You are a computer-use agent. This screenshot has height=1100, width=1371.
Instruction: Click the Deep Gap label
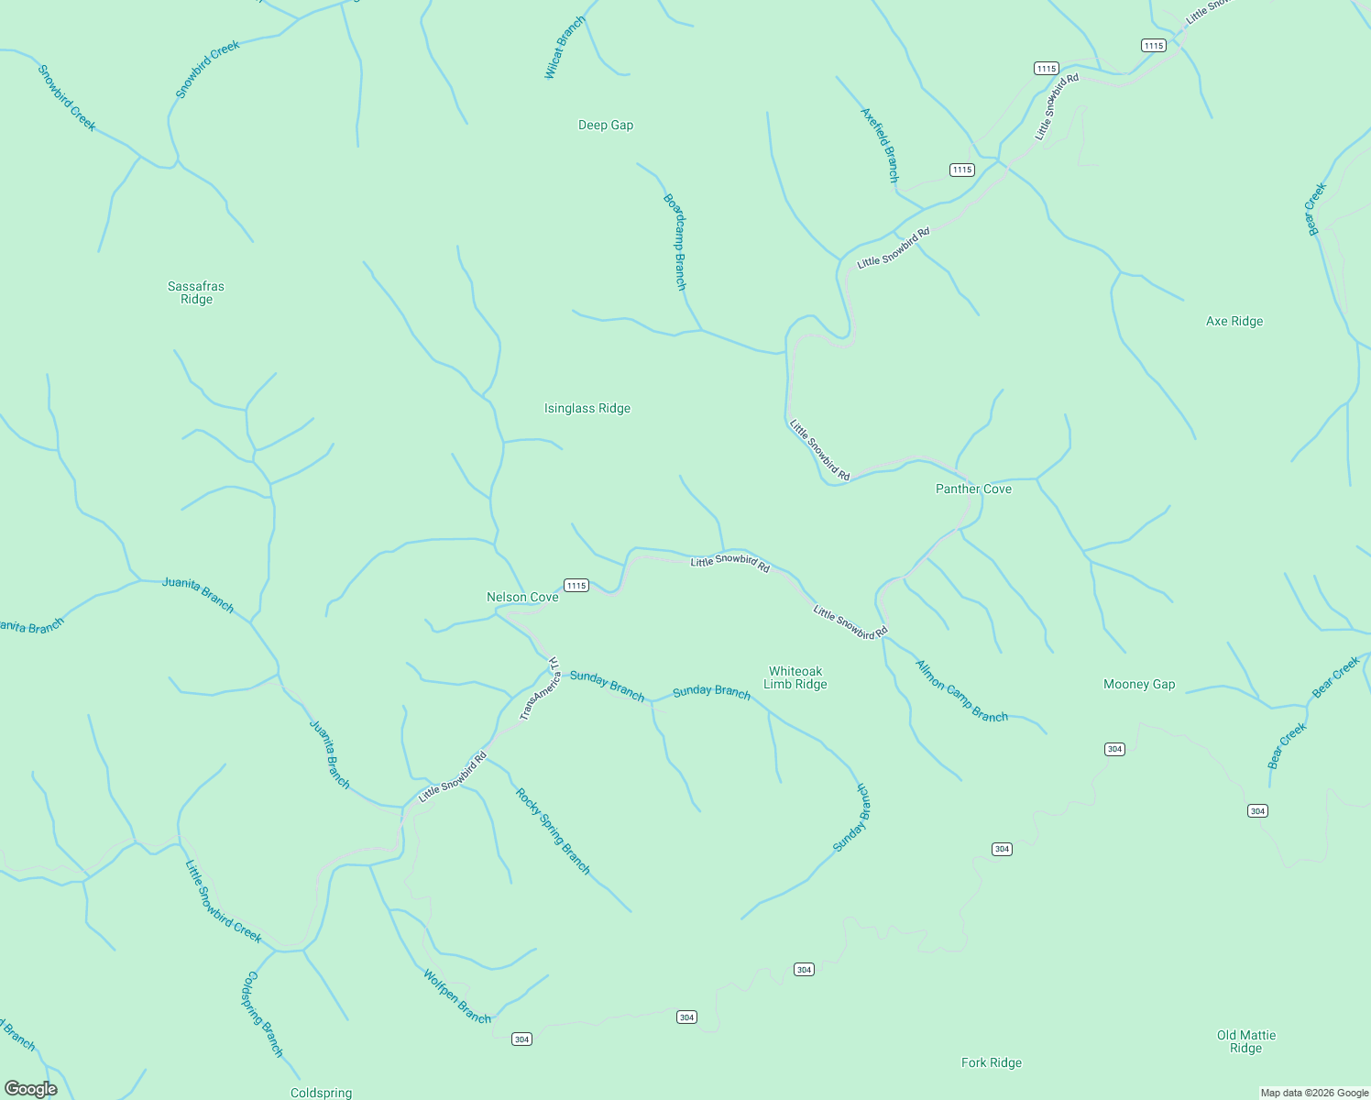tap(606, 126)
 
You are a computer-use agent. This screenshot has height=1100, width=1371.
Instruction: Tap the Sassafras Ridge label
tap(196, 292)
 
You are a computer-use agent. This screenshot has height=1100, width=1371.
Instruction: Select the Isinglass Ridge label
tap(587, 409)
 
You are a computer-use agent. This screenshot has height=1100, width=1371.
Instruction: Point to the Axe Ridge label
tap(1234, 322)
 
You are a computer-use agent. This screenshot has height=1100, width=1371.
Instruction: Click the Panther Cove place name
tap(973, 489)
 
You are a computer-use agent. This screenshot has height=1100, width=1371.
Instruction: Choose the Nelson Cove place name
tap(522, 598)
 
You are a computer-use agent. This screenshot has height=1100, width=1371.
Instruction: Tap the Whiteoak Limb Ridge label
tap(795, 677)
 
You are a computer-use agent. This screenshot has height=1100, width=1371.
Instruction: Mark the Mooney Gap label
tap(1139, 685)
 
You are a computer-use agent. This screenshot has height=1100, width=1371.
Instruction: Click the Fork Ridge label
tap(992, 1063)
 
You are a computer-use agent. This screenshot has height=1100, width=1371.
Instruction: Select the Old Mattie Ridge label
tap(1246, 1041)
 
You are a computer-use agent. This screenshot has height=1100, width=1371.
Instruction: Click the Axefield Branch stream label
tap(880, 145)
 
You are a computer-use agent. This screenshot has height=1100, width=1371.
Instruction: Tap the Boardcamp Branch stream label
tap(675, 241)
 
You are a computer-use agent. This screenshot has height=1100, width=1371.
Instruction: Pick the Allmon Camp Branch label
tap(961, 691)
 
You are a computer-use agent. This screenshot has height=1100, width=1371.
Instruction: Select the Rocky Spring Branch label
tap(554, 831)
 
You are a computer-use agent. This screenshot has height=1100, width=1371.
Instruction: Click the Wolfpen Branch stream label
tap(457, 996)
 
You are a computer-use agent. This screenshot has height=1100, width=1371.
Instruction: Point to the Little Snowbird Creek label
tap(224, 902)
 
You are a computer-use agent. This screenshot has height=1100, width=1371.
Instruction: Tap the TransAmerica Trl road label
tap(541, 688)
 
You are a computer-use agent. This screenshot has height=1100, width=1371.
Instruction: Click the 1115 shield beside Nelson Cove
tap(576, 586)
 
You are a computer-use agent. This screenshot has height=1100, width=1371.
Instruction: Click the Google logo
tap(31, 1089)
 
